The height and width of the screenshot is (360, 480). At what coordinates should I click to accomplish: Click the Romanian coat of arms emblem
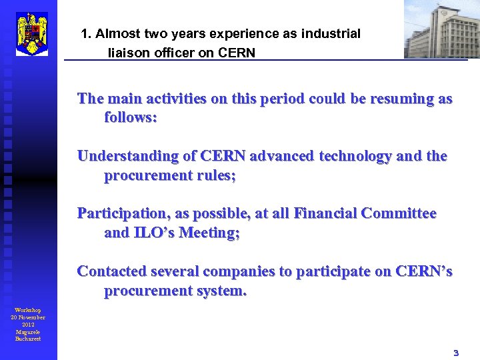(32, 33)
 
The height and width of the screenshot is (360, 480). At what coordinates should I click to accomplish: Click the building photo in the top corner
(441, 29)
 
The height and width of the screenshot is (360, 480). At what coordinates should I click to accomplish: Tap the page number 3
(456, 353)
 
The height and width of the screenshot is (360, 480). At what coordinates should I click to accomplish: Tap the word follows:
(131, 118)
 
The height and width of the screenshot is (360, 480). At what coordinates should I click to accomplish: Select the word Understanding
(126, 156)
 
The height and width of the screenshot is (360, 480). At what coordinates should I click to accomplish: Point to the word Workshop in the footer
(28, 310)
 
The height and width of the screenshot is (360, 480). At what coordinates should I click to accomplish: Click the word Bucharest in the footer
(28, 339)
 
